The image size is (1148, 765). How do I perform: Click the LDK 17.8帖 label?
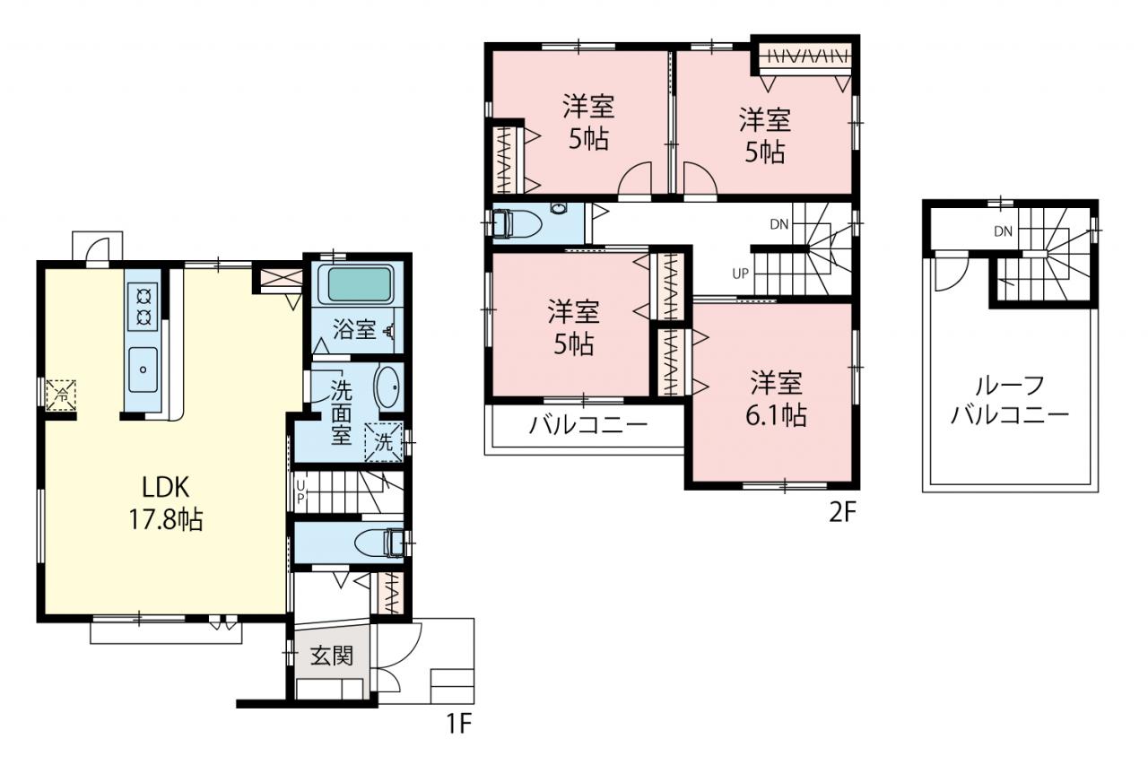tap(166, 503)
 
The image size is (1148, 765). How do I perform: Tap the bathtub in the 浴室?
tap(359, 284)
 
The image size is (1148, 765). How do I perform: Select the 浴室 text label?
tap(354, 329)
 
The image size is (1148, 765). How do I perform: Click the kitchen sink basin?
tap(143, 369)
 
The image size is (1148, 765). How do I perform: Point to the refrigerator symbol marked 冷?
tap(61, 395)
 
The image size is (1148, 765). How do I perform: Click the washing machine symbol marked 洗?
tap(383, 441)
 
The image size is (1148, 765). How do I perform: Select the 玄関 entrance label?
tap(332, 656)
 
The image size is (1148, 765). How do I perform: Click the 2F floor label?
tap(843, 513)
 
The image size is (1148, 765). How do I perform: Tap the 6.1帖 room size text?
tap(776, 415)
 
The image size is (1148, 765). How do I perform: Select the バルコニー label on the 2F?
tap(588, 425)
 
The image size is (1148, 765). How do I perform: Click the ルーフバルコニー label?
tap(1010, 400)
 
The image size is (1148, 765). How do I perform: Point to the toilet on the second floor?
tap(517, 224)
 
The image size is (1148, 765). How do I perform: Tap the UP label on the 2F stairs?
tap(740, 274)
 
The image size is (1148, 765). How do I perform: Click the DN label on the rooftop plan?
tap(1003, 232)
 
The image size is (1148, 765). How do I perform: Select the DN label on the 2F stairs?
tap(779, 224)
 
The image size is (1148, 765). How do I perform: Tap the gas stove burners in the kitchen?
tap(143, 308)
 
